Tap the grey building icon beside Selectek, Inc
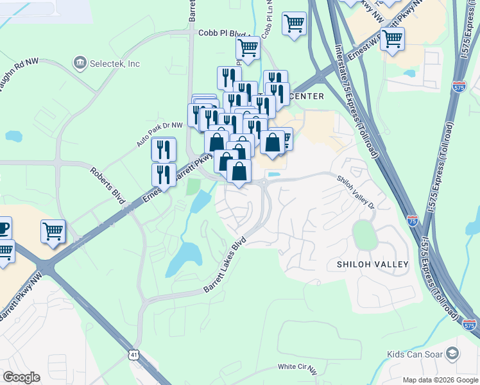pos(80,63)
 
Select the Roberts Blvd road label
pos(108,186)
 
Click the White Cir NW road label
pos(298,367)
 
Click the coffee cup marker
pos(3,227)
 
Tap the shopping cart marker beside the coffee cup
pos(53,231)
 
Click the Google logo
pos(21,377)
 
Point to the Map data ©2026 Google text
pos(440,380)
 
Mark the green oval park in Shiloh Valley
pos(364,235)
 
